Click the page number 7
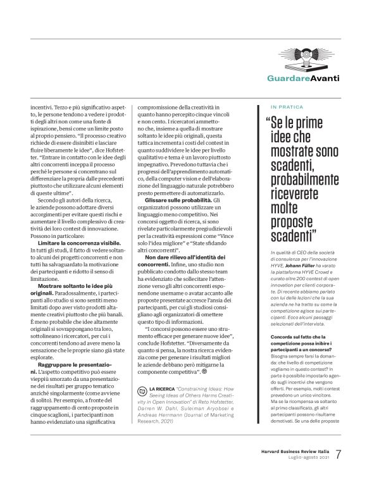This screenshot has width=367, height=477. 340,455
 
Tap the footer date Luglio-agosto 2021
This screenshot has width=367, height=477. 305,458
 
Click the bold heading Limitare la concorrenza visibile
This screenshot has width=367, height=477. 75,243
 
